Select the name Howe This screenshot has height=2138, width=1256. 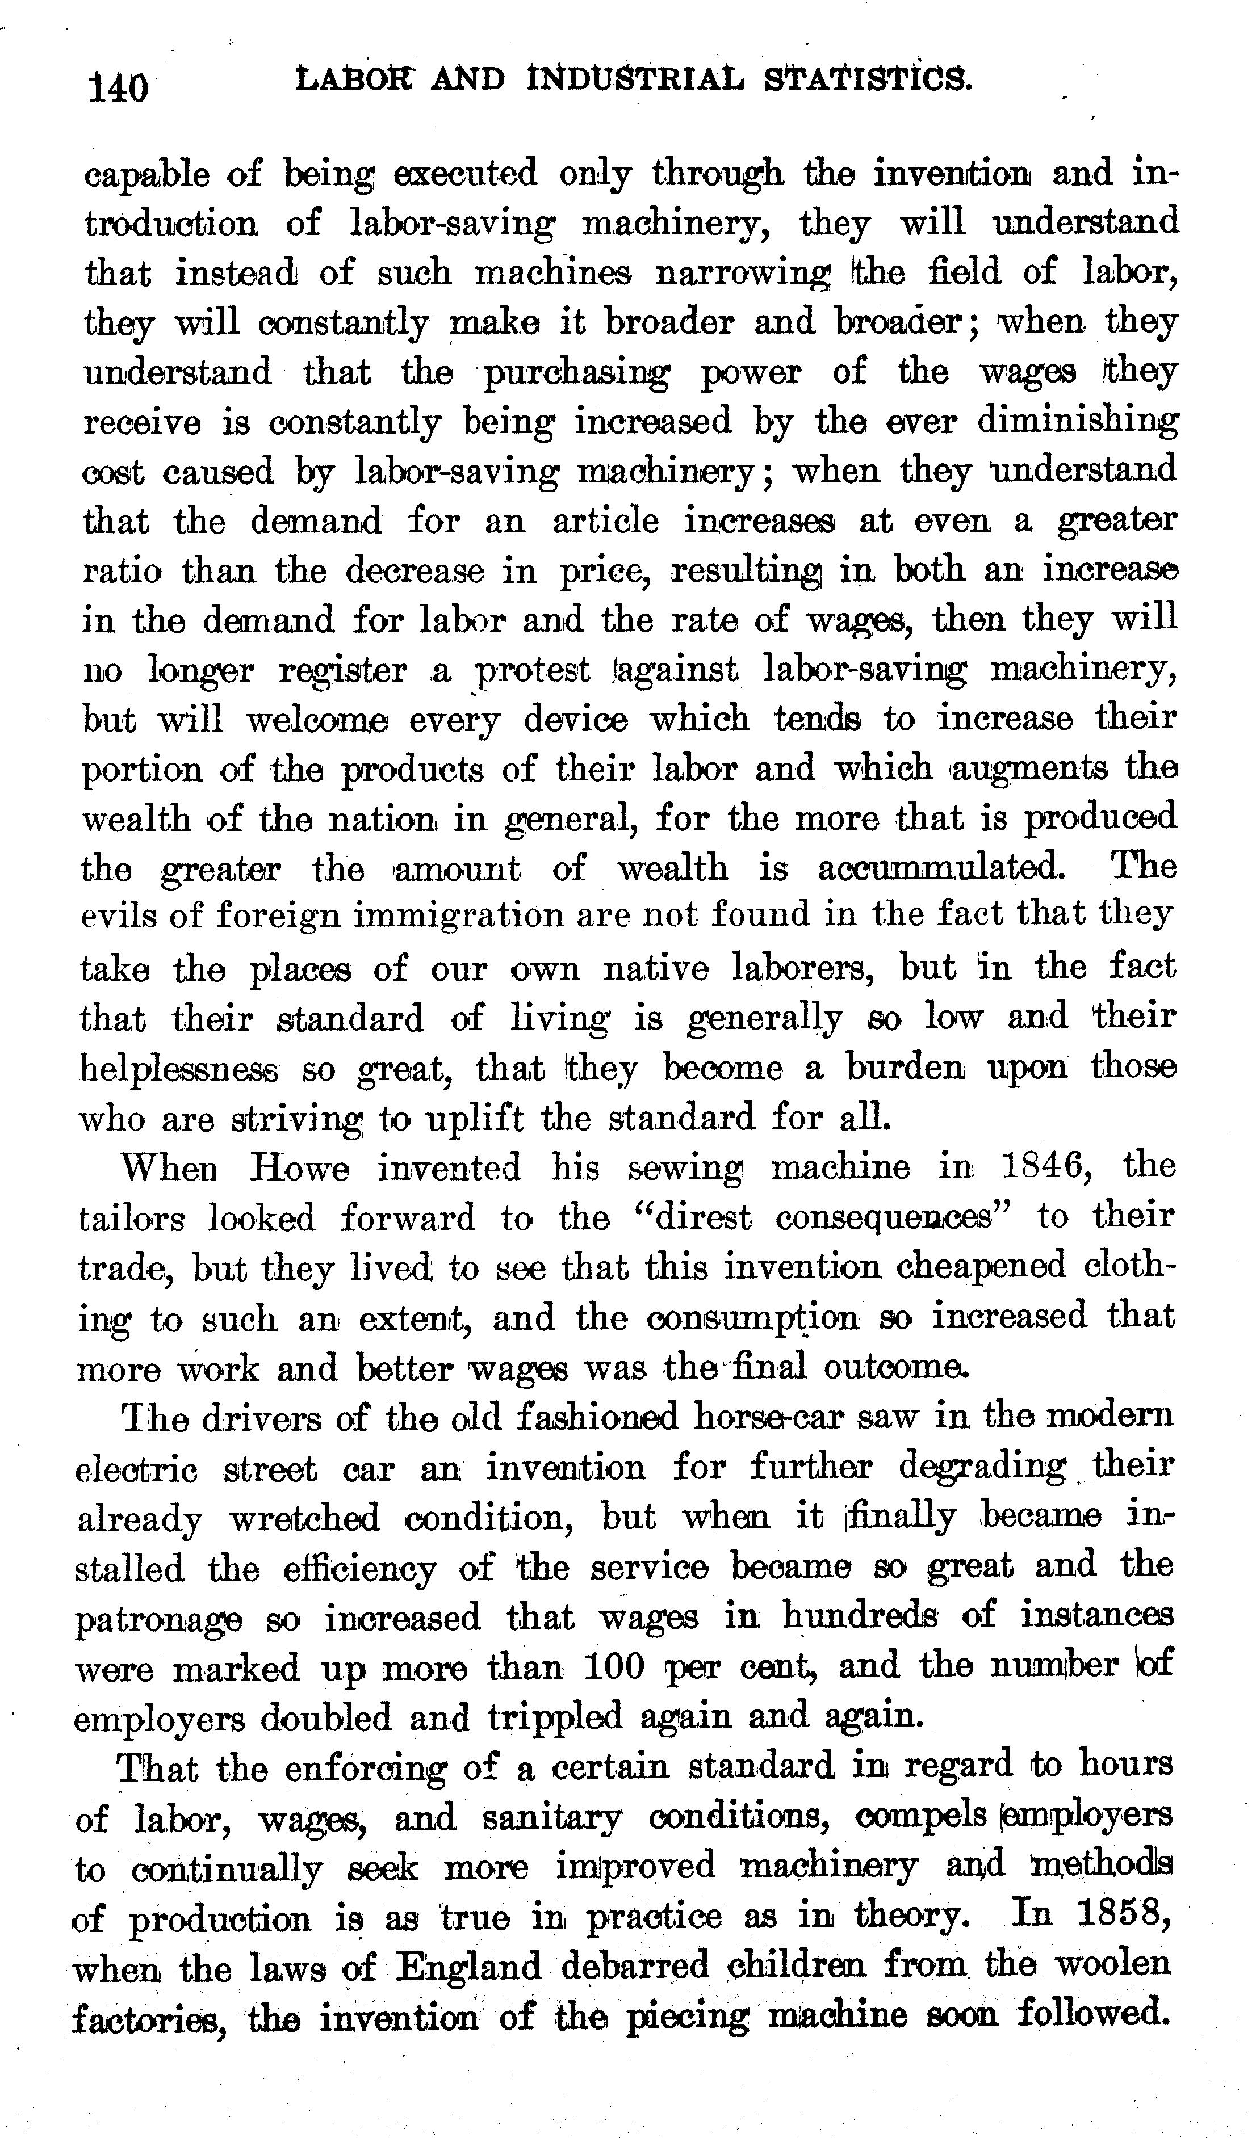coord(300,1168)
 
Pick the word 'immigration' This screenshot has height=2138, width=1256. coord(465,916)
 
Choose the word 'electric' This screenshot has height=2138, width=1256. coord(137,1469)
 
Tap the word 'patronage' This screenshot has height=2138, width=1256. coord(158,1619)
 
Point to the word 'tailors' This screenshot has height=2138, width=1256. coord(131,1219)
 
